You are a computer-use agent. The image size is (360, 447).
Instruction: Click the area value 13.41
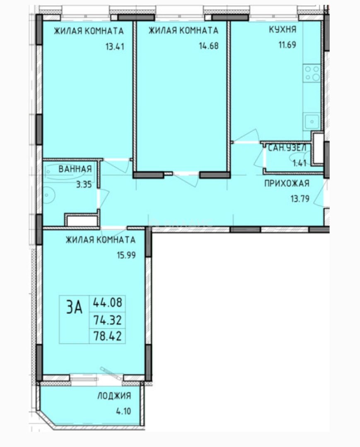[115, 46]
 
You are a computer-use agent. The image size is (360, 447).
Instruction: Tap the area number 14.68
[209, 46]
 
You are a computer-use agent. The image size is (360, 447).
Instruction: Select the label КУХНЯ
[283, 29]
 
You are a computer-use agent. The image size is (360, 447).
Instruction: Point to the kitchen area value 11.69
[287, 45]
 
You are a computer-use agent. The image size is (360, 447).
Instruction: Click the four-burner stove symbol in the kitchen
[312, 73]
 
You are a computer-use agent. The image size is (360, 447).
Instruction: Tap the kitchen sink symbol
[312, 121]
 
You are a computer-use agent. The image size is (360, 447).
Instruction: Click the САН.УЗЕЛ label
[287, 148]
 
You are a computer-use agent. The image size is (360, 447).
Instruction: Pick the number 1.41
[300, 163]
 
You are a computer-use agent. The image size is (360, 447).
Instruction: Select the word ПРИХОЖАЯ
[287, 183]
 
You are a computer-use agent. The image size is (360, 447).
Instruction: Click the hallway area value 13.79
[300, 198]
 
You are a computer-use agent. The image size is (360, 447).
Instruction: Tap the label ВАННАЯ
[75, 169]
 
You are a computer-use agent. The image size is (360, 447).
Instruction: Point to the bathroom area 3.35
[84, 185]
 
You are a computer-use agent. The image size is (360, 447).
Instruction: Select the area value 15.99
[126, 255]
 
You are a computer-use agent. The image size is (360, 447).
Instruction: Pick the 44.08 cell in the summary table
[108, 303]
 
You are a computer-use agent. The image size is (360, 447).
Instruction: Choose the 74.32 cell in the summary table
[108, 320]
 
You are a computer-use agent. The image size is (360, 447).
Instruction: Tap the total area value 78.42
[108, 336]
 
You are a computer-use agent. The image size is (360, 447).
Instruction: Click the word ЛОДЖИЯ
[114, 396]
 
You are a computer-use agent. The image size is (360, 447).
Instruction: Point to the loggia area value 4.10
[123, 411]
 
